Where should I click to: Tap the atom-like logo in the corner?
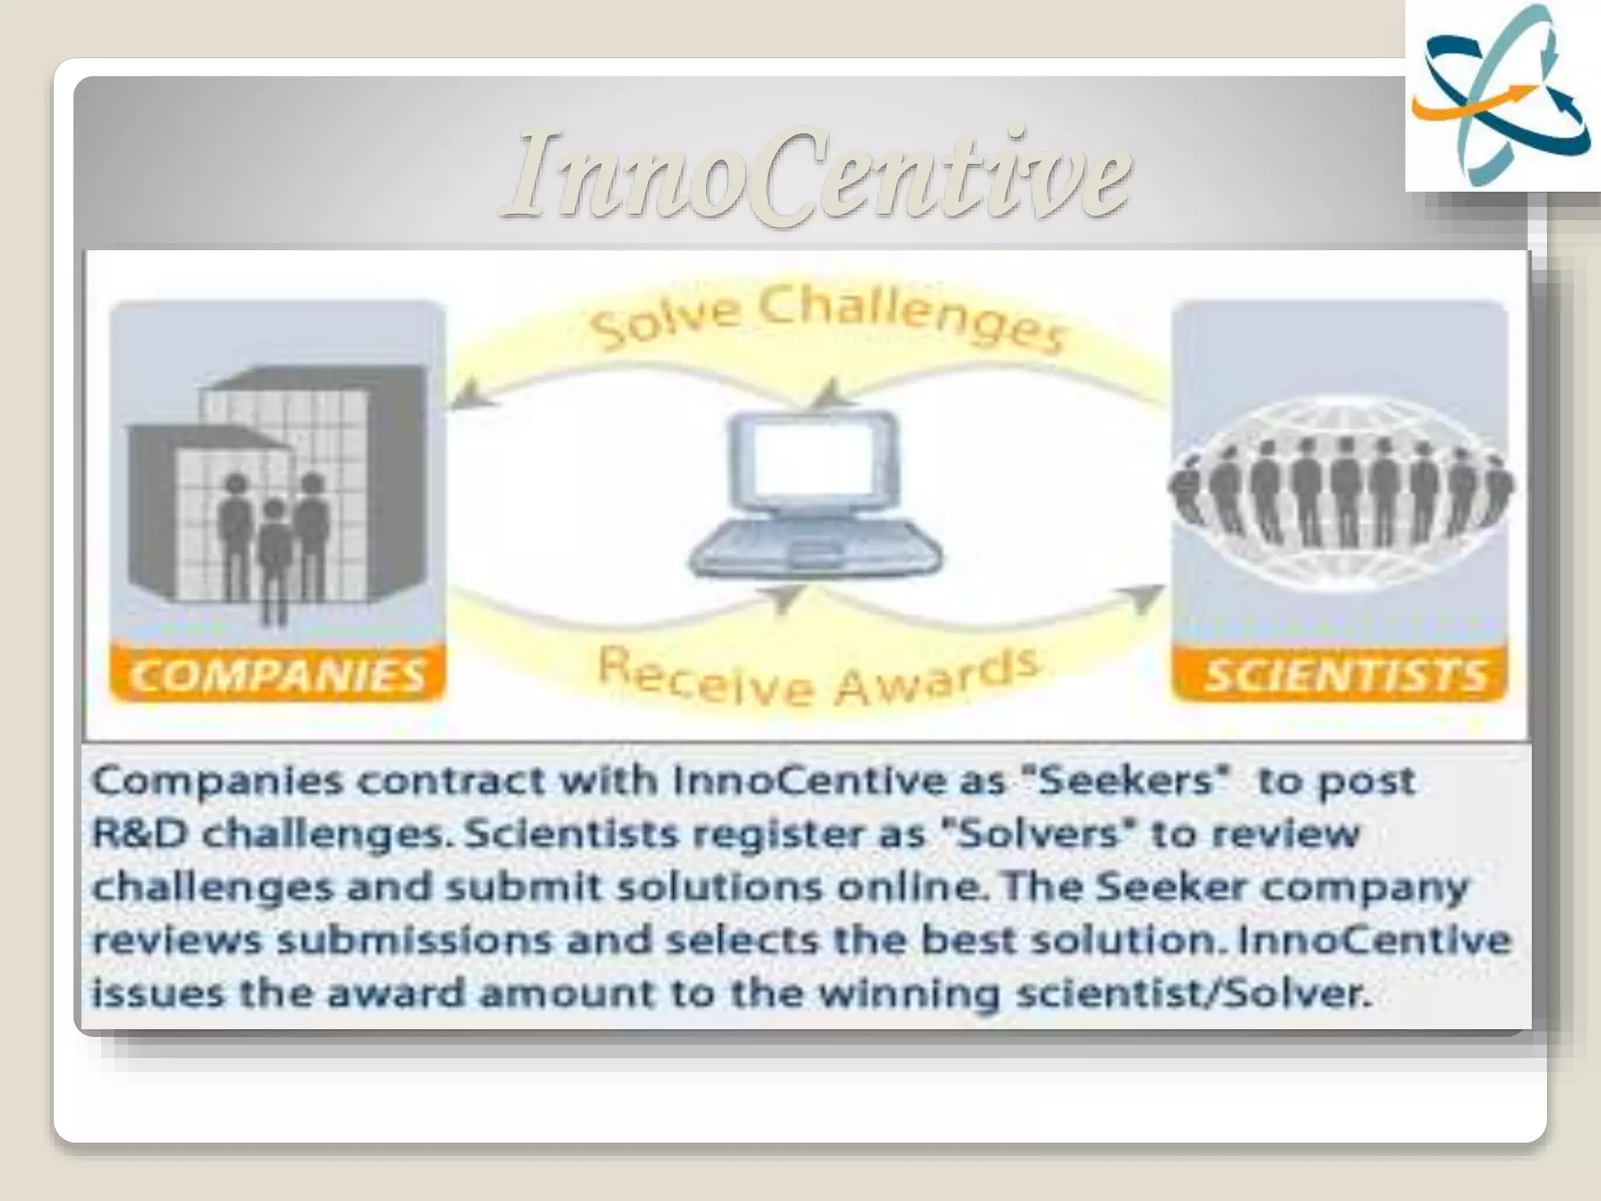[1503, 95]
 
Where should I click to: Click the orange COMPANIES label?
[278, 674]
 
